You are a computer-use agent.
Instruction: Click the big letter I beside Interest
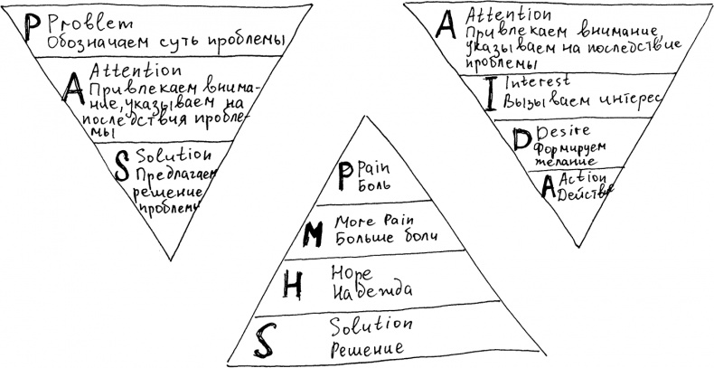pyautogui.click(x=489, y=92)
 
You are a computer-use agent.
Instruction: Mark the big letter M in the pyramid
pyautogui.click(x=314, y=230)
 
